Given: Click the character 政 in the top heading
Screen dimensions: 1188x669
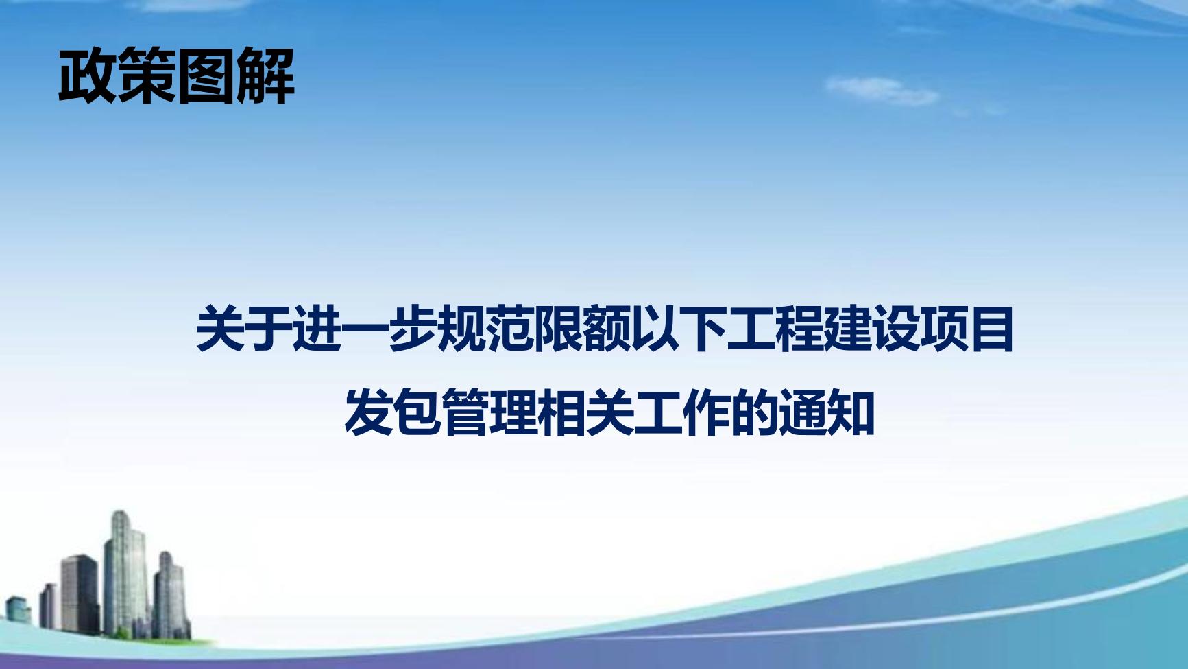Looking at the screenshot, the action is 88,76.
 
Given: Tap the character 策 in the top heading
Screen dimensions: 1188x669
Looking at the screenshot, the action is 147,76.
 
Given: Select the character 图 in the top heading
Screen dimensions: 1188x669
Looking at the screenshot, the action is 206,76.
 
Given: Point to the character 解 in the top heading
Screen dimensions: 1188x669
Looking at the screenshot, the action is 265,76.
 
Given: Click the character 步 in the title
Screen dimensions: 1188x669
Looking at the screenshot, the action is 413,330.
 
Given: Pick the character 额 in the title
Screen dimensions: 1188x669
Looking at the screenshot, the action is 605,330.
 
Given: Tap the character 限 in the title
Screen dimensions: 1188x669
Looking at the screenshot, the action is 557,330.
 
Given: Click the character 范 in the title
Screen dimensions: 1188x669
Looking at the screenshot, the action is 509,330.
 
